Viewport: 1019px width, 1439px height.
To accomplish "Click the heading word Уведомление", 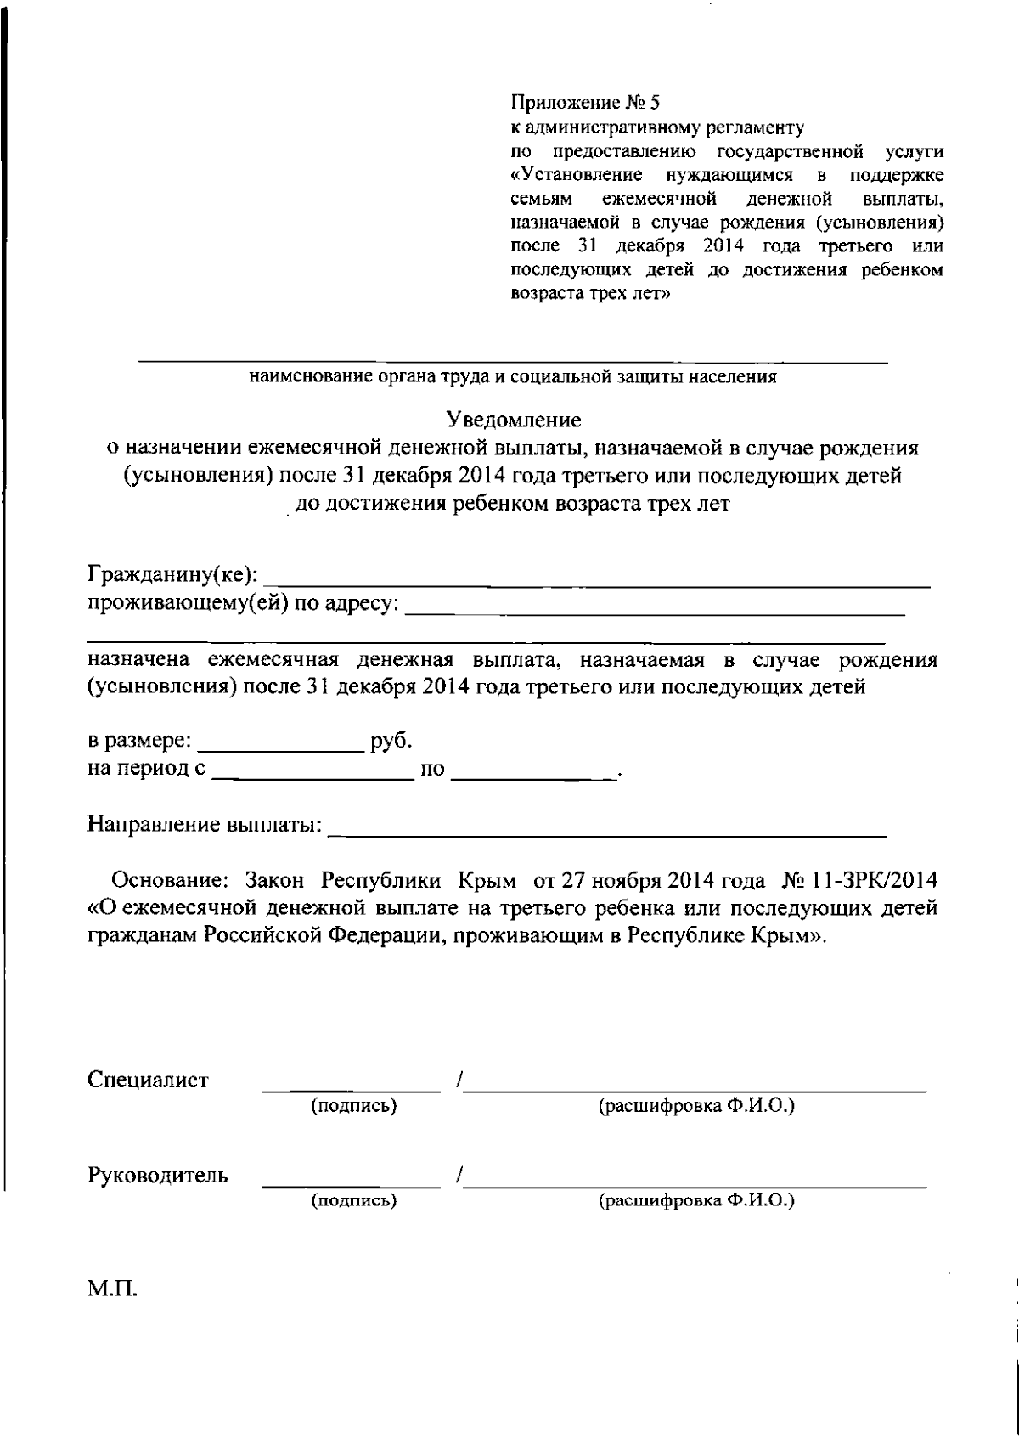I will (x=514, y=420).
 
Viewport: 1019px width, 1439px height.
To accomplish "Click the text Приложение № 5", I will (x=584, y=104).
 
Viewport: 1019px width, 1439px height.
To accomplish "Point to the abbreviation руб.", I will (x=391, y=741).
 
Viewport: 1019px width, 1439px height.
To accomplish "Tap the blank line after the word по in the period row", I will (x=532, y=775).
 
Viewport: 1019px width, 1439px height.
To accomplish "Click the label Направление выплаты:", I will (x=205, y=825).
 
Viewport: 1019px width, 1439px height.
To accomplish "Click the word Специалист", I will (x=148, y=1081).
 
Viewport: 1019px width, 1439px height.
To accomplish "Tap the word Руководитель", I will (x=158, y=1176).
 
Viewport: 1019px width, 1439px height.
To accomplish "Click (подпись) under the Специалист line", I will (x=354, y=1106).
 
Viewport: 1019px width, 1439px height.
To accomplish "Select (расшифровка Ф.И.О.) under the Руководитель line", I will (x=696, y=1201).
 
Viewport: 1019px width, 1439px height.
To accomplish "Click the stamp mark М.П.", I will (x=112, y=1292).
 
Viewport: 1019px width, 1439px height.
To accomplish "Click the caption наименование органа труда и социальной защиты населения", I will (x=513, y=377).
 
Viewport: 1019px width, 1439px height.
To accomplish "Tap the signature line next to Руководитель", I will (x=352, y=1182).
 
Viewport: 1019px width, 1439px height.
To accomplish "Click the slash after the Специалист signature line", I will (x=458, y=1081).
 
